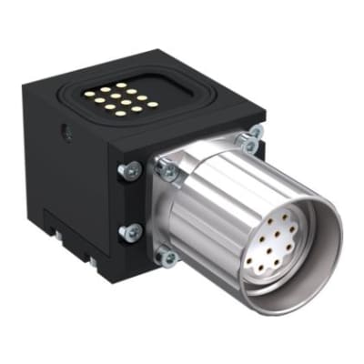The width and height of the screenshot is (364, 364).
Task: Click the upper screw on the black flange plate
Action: point(131,168)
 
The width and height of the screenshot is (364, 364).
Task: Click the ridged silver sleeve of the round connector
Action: point(227,196)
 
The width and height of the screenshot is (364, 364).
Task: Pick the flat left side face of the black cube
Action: point(68,173)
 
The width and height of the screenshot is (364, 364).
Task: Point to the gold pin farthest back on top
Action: point(122,86)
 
